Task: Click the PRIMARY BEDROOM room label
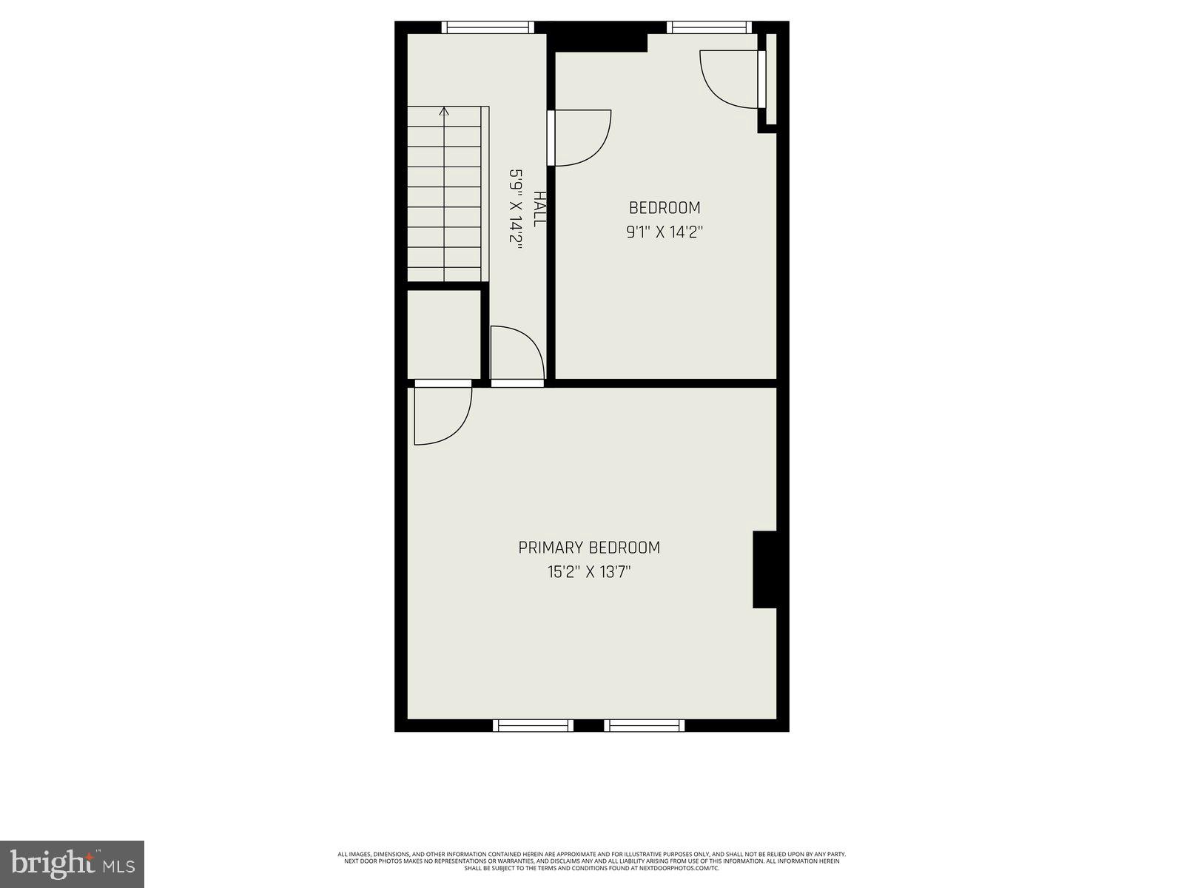click(589, 548)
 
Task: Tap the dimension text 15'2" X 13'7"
click(589, 572)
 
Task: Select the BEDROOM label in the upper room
click(665, 208)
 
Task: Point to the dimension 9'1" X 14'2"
click(665, 232)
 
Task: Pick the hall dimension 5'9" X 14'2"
click(515, 209)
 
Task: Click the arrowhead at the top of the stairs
click(444, 112)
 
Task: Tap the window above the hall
click(488, 27)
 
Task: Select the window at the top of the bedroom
click(709, 27)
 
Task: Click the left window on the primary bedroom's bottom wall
click(533, 725)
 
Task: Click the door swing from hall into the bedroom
click(583, 138)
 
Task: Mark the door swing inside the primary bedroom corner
click(442, 416)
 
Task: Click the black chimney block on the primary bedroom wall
click(764, 570)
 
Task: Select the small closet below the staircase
click(444, 334)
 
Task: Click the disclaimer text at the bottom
click(592, 861)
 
